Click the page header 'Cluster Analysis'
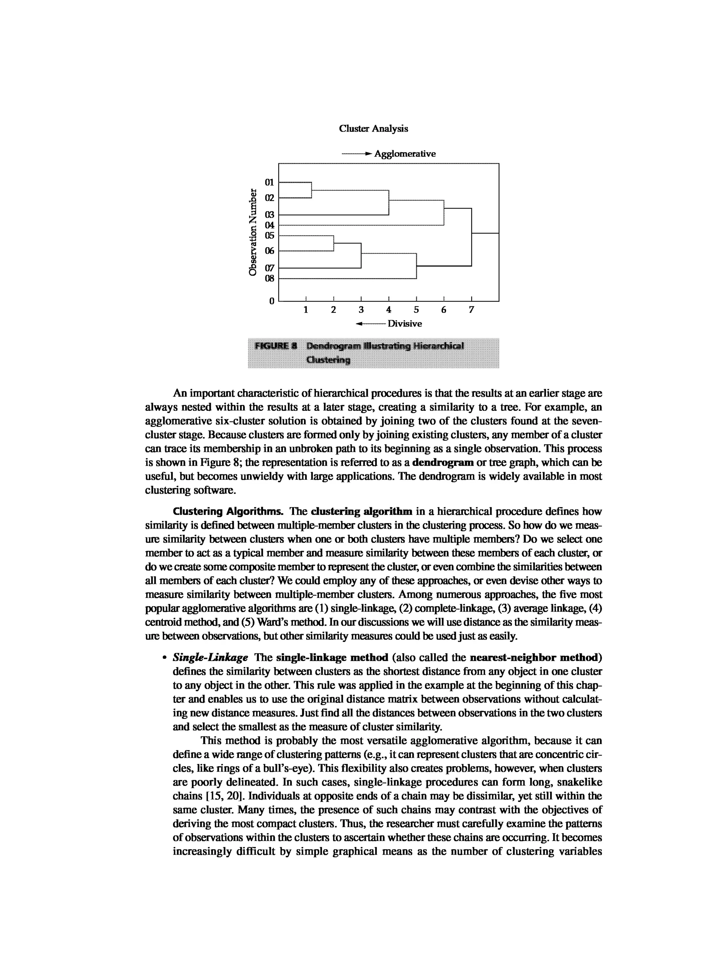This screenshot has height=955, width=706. point(373,129)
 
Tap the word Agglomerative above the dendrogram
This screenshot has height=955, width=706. point(405,154)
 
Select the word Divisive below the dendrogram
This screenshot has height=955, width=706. point(404,324)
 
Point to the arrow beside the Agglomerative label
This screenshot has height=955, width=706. point(356,154)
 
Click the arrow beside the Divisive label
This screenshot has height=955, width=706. point(370,324)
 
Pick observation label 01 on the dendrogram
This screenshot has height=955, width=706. point(269,182)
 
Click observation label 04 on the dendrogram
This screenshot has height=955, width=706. point(269,225)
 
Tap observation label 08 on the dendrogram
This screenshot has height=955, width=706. point(269,278)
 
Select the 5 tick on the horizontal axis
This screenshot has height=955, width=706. point(416,310)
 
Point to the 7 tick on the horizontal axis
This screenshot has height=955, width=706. point(471,310)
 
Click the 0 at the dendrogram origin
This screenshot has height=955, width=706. point(271,302)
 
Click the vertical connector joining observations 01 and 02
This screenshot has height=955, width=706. point(312,190)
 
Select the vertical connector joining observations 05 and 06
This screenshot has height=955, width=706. point(333,243)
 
